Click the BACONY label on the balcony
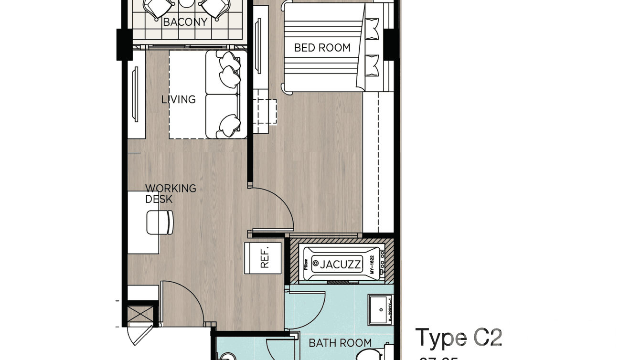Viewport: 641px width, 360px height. point(185,22)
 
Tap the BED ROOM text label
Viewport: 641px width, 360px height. point(322,48)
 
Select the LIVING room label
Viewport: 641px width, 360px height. point(178,99)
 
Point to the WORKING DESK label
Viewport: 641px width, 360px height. point(170,193)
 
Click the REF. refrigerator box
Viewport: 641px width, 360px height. point(263,258)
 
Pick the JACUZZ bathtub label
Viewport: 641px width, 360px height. point(341,264)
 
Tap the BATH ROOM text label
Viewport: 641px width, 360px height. point(340,342)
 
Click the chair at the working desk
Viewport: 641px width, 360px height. point(160,222)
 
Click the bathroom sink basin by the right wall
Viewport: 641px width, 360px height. point(381,309)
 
